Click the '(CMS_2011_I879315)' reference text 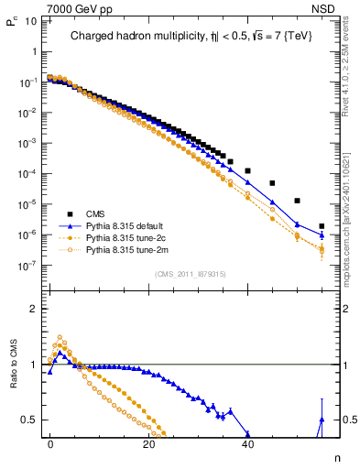click(190, 274)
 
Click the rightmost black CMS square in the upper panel click(322, 226)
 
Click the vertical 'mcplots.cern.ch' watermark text click(348, 247)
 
